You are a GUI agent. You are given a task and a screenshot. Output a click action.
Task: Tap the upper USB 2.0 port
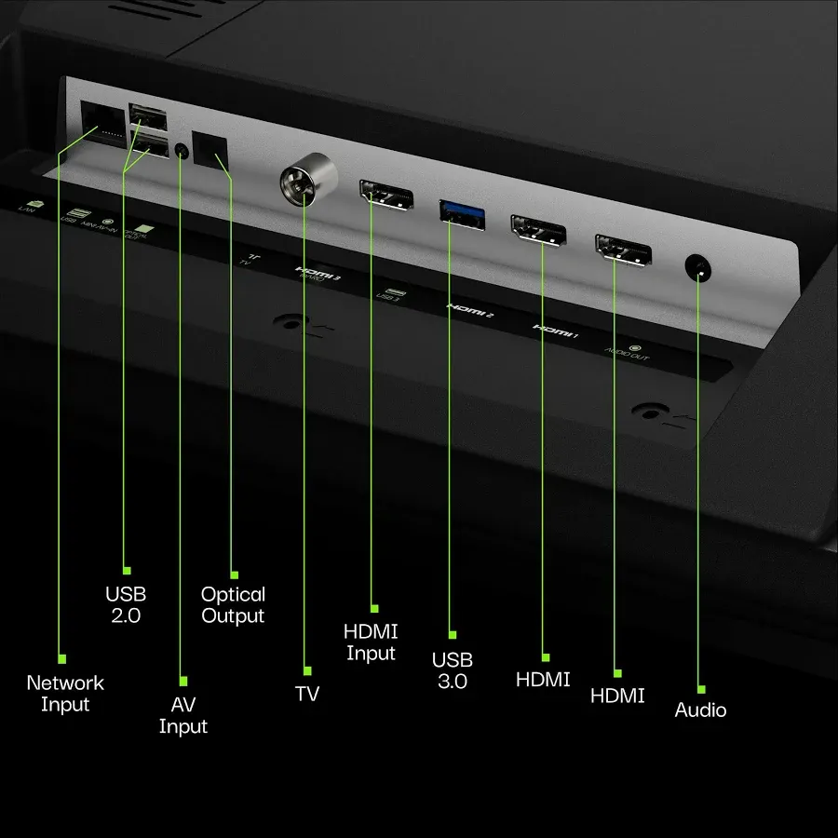pyautogui.click(x=149, y=116)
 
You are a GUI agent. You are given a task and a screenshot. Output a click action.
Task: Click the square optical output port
pyautogui.click(x=210, y=148)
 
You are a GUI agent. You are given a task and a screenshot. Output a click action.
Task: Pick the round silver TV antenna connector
pyautogui.click(x=304, y=183)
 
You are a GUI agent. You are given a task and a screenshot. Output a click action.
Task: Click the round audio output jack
pyautogui.click(x=697, y=268)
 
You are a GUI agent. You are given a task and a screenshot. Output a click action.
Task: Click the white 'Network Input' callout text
pyautogui.click(x=65, y=694)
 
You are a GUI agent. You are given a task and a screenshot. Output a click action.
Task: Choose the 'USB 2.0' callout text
pyautogui.click(x=126, y=604)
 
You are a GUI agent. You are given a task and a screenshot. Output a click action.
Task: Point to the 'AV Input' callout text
pyautogui.click(x=182, y=715)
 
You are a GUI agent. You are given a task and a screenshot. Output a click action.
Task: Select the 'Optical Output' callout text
pyautogui.click(x=234, y=605)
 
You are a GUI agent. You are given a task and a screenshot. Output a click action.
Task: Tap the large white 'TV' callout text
pyautogui.click(x=306, y=695)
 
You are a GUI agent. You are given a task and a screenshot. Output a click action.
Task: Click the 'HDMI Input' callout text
pyautogui.click(x=372, y=642)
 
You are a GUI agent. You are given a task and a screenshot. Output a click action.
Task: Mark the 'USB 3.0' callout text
pyautogui.click(x=453, y=670)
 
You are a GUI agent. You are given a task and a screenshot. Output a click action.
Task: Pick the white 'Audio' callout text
pyautogui.click(x=700, y=710)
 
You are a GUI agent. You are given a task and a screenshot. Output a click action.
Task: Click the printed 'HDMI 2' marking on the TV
pyautogui.click(x=470, y=311)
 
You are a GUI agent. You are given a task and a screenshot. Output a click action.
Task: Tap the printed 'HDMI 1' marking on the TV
pyautogui.click(x=555, y=330)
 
